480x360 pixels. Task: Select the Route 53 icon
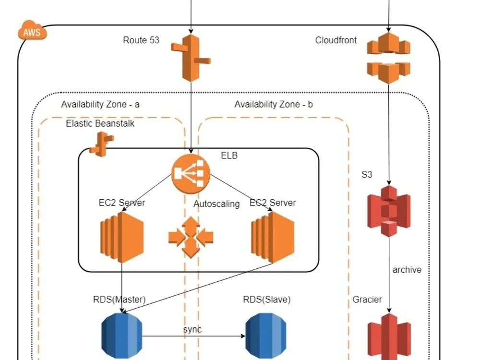click(x=191, y=58)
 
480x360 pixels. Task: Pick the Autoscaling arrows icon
click(x=191, y=237)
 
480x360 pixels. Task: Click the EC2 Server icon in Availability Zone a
click(x=121, y=237)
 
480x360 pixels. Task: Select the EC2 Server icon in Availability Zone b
click(x=272, y=237)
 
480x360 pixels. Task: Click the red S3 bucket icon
click(x=389, y=210)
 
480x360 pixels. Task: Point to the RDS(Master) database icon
click(x=122, y=336)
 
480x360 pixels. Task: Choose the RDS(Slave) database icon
click(x=266, y=336)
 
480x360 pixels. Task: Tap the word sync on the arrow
click(x=192, y=329)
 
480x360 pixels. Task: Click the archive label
click(x=407, y=270)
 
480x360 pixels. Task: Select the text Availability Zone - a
click(x=100, y=104)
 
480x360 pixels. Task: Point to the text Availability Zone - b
click(x=273, y=104)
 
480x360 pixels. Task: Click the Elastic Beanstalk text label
click(x=100, y=123)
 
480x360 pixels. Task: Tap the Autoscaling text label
click(x=216, y=204)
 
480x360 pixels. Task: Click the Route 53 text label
click(x=141, y=40)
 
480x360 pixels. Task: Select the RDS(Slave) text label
click(x=267, y=300)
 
